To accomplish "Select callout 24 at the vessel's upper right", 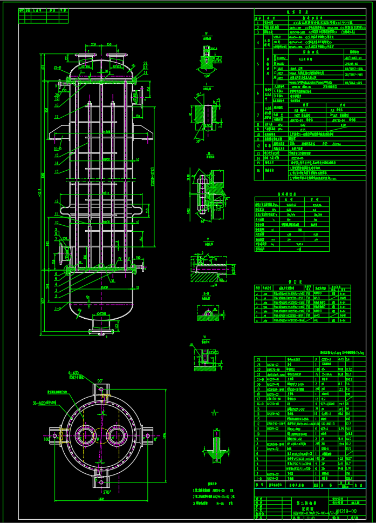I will click(x=145, y=64).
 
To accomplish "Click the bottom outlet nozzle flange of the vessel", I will click(x=102, y=327).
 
